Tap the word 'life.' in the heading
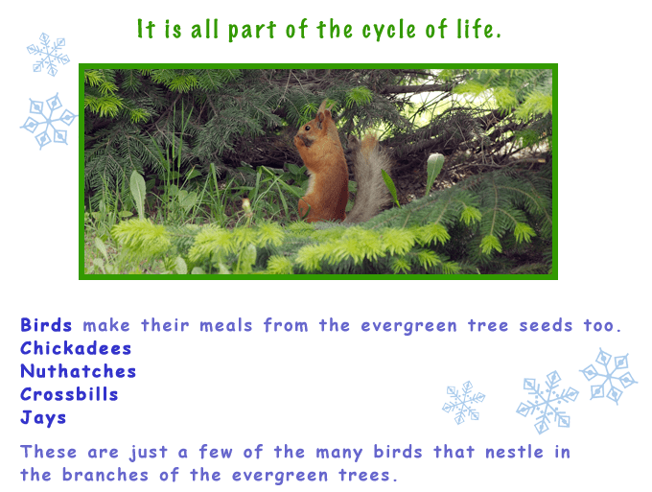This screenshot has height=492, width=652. [480, 30]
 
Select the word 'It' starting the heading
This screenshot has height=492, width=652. [146, 30]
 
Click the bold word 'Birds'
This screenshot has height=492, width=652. [46, 325]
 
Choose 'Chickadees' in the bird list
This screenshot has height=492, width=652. [76, 348]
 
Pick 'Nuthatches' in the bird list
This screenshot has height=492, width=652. [79, 371]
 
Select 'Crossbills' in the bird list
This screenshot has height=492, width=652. [69, 394]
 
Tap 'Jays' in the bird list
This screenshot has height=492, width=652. [43, 418]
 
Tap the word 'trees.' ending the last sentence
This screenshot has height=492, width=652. [368, 475]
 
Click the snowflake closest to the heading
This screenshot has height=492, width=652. [48, 54]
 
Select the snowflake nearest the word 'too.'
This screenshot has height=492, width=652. [609, 375]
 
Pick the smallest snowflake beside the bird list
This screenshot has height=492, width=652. [463, 402]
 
